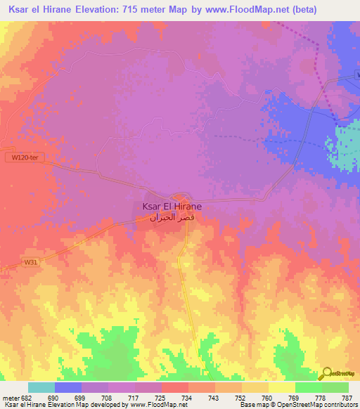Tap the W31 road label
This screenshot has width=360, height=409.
click(x=30, y=262)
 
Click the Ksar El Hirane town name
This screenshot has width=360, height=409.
click(x=172, y=207)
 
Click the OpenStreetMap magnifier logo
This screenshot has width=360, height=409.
click(x=328, y=374)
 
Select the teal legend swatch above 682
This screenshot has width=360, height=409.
click(x=41, y=387)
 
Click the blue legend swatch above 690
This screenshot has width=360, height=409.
click(x=68, y=387)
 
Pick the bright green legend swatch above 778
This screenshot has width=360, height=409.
click(x=309, y=387)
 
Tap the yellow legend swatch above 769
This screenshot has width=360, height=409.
click(x=282, y=387)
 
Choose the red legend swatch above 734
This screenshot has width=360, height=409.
click(x=175, y=387)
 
